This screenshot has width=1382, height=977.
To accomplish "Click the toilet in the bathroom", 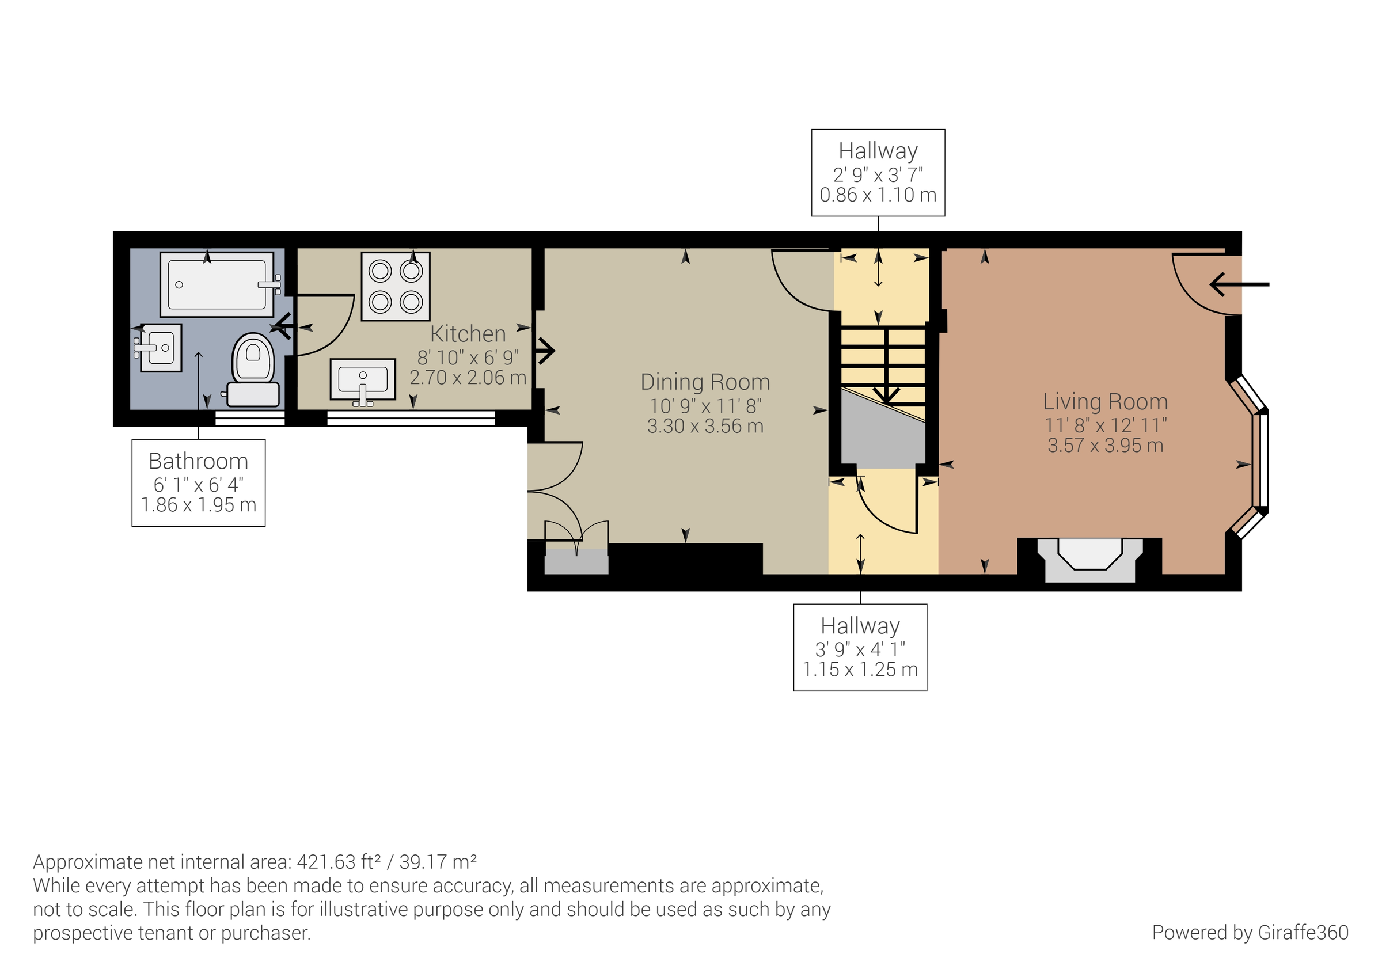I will (x=253, y=368).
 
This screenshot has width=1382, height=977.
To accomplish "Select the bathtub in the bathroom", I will (x=217, y=284).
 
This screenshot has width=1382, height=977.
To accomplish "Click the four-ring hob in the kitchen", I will (x=396, y=287).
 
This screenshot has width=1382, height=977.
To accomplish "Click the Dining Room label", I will (x=705, y=382).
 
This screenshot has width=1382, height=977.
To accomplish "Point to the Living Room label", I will (x=1105, y=401).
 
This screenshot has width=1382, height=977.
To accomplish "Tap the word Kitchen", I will (x=468, y=334).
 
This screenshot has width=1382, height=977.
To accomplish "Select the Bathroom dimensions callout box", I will (x=198, y=483).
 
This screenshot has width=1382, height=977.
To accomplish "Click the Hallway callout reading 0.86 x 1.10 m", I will (x=878, y=173).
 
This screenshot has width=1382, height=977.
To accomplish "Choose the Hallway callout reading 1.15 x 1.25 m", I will (x=860, y=647).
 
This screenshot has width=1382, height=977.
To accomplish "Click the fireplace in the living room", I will (x=1089, y=560).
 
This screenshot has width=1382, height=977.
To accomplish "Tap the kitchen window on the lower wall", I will (x=411, y=418).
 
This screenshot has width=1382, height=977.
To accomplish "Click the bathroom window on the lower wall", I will (x=250, y=419).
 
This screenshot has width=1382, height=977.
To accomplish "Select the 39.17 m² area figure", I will (x=438, y=862).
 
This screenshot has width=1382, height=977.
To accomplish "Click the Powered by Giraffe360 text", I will (x=1250, y=933).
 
